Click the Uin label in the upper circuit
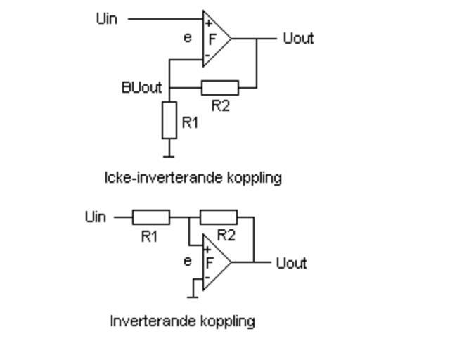pyautogui.click(x=106, y=19)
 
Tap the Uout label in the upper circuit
pyautogui.click(x=297, y=39)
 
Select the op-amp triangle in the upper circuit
pyautogui.click(x=215, y=39)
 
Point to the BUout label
pyautogui.click(x=141, y=88)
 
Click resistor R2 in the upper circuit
pyautogui.click(x=219, y=88)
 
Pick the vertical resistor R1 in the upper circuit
pyautogui.click(x=169, y=120)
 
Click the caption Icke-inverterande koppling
pyautogui.click(x=193, y=178)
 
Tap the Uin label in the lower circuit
pyautogui.click(x=96, y=217)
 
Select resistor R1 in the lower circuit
pyautogui.click(x=150, y=217)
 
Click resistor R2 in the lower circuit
pyautogui.click(x=219, y=217)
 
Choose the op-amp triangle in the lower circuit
pyautogui.click(x=214, y=263)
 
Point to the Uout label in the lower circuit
pyautogui.click(x=291, y=264)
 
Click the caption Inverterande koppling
pyautogui.click(x=182, y=321)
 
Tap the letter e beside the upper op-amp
pyautogui.click(x=187, y=38)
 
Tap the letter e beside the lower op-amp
pyautogui.click(x=187, y=262)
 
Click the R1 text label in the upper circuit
pyautogui.click(x=190, y=122)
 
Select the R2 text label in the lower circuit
pyautogui.click(x=226, y=235)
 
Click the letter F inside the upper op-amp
pyautogui.click(x=212, y=39)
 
